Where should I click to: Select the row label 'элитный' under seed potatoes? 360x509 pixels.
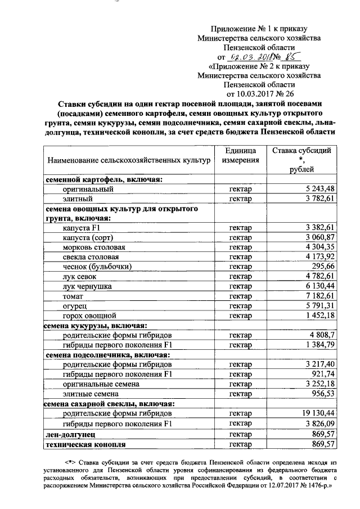coord(77,199)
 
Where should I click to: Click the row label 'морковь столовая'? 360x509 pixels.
coord(94,247)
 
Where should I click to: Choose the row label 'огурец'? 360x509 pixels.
coord(74,306)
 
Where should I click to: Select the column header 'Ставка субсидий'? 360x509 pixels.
coord(302,150)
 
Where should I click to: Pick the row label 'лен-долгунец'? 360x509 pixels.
coord(70,434)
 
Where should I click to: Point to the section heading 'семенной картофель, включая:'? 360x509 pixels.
coord(103,179)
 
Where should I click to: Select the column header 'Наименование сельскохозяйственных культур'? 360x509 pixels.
coord(128,160)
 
